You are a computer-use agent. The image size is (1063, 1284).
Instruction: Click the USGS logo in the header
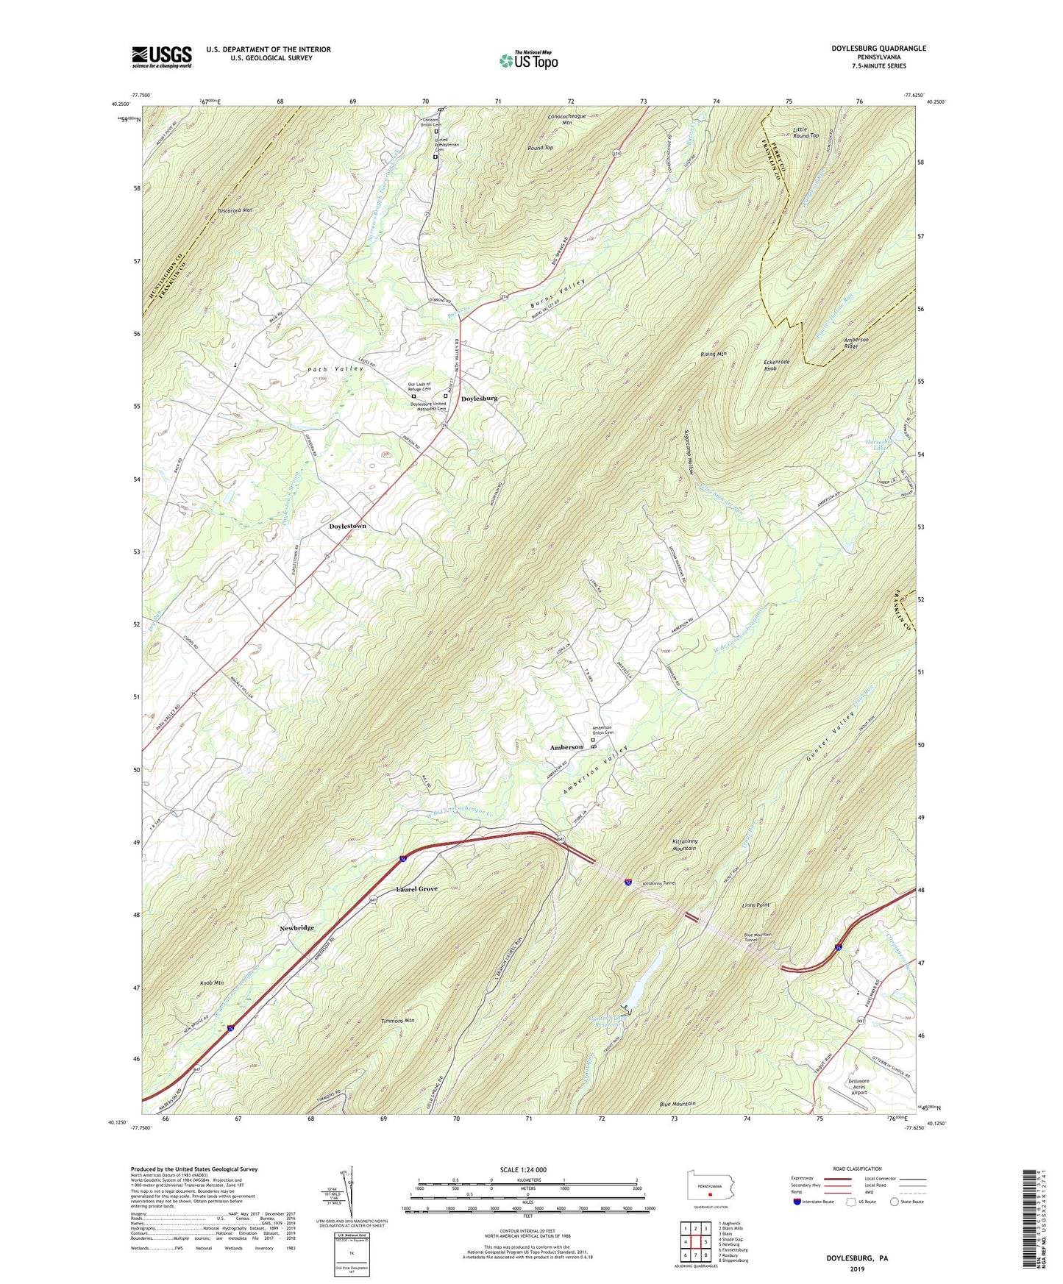tap(162, 57)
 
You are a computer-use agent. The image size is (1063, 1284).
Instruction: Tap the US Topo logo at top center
tap(528, 60)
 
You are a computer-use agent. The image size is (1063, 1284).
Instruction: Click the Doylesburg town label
tap(479, 399)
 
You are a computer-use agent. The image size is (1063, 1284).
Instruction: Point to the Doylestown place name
tap(347, 527)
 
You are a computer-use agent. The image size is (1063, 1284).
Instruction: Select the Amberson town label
tap(566, 747)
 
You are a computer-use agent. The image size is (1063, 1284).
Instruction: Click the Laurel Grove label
tap(416, 888)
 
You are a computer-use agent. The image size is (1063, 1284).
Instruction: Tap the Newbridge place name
tap(296, 928)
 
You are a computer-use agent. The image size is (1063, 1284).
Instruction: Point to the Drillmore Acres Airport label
tap(853, 1086)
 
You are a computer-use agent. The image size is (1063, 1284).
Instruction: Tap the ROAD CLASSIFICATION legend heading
tap(857, 1169)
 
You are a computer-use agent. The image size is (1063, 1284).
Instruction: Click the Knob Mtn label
tap(212, 982)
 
